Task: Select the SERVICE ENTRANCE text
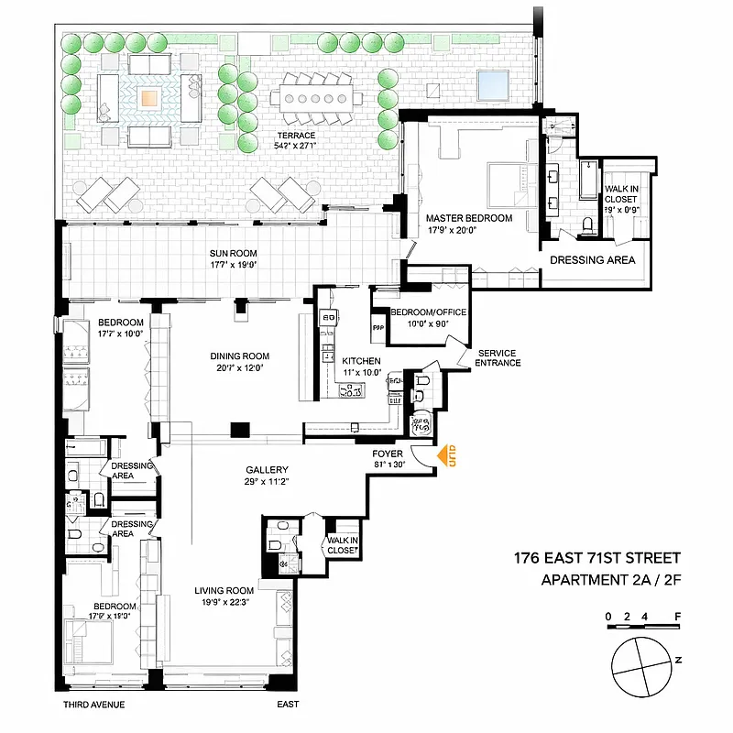coord(498,358)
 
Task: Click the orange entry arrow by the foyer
coord(449,455)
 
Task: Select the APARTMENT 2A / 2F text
coord(610,579)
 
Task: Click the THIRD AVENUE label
coord(93,705)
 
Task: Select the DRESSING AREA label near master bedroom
coord(592,260)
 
